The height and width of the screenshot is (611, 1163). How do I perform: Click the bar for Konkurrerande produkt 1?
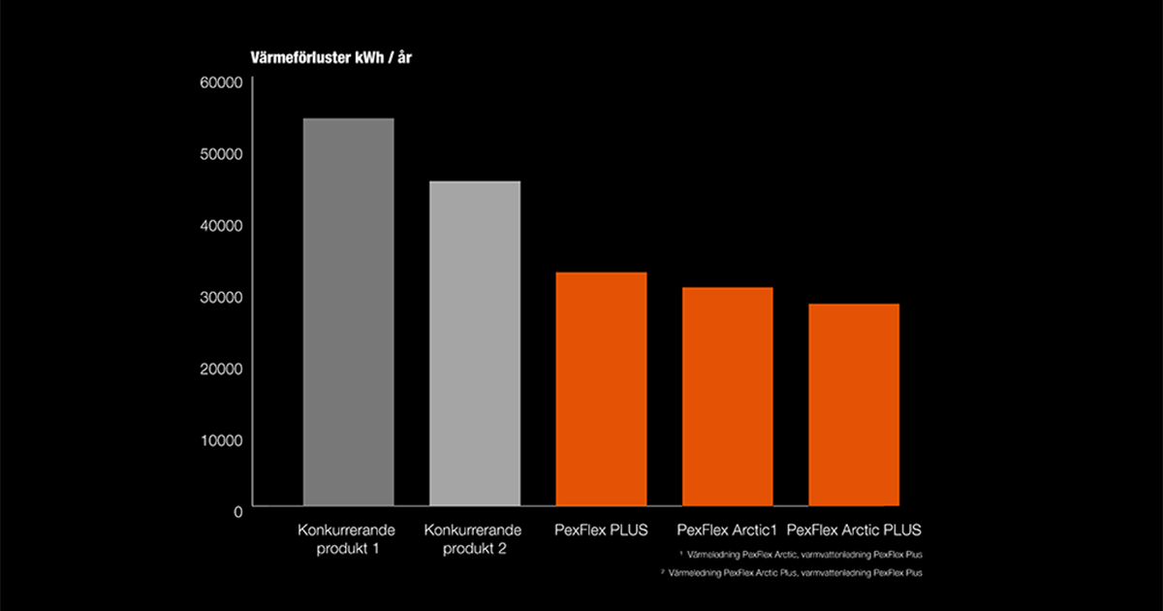click(349, 310)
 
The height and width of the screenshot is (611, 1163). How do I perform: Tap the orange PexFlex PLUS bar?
click(601, 388)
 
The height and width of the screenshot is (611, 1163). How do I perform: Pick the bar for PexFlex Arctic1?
click(727, 396)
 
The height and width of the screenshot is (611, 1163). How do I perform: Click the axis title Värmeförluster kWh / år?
click(332, 57)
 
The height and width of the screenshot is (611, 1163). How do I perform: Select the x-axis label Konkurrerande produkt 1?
click(349, 539)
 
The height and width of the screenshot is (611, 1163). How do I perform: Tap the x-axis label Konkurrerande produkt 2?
click(475, 539)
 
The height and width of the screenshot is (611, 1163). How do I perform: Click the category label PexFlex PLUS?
click(601, 531)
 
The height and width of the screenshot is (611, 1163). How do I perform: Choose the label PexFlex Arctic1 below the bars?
click(727, 531)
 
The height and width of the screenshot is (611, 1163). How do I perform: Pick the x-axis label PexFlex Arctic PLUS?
click(854, 531)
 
